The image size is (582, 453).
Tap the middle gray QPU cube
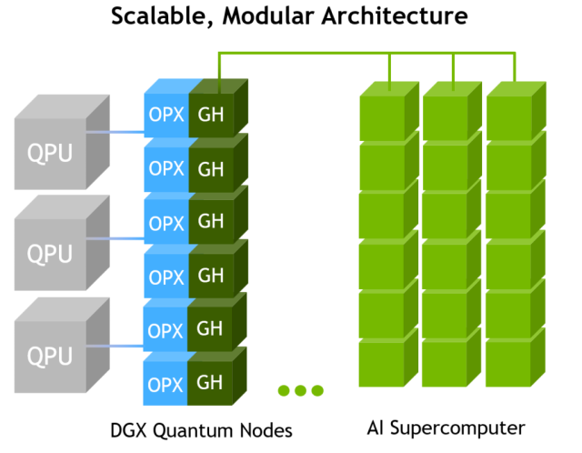(x=51, y=252)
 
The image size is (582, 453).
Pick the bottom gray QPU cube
(x=51, y=354)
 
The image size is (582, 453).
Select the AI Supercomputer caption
(x=447, y=428)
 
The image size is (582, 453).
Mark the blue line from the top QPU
(x=117, y=134)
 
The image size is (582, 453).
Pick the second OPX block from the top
(x=166, y=169)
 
